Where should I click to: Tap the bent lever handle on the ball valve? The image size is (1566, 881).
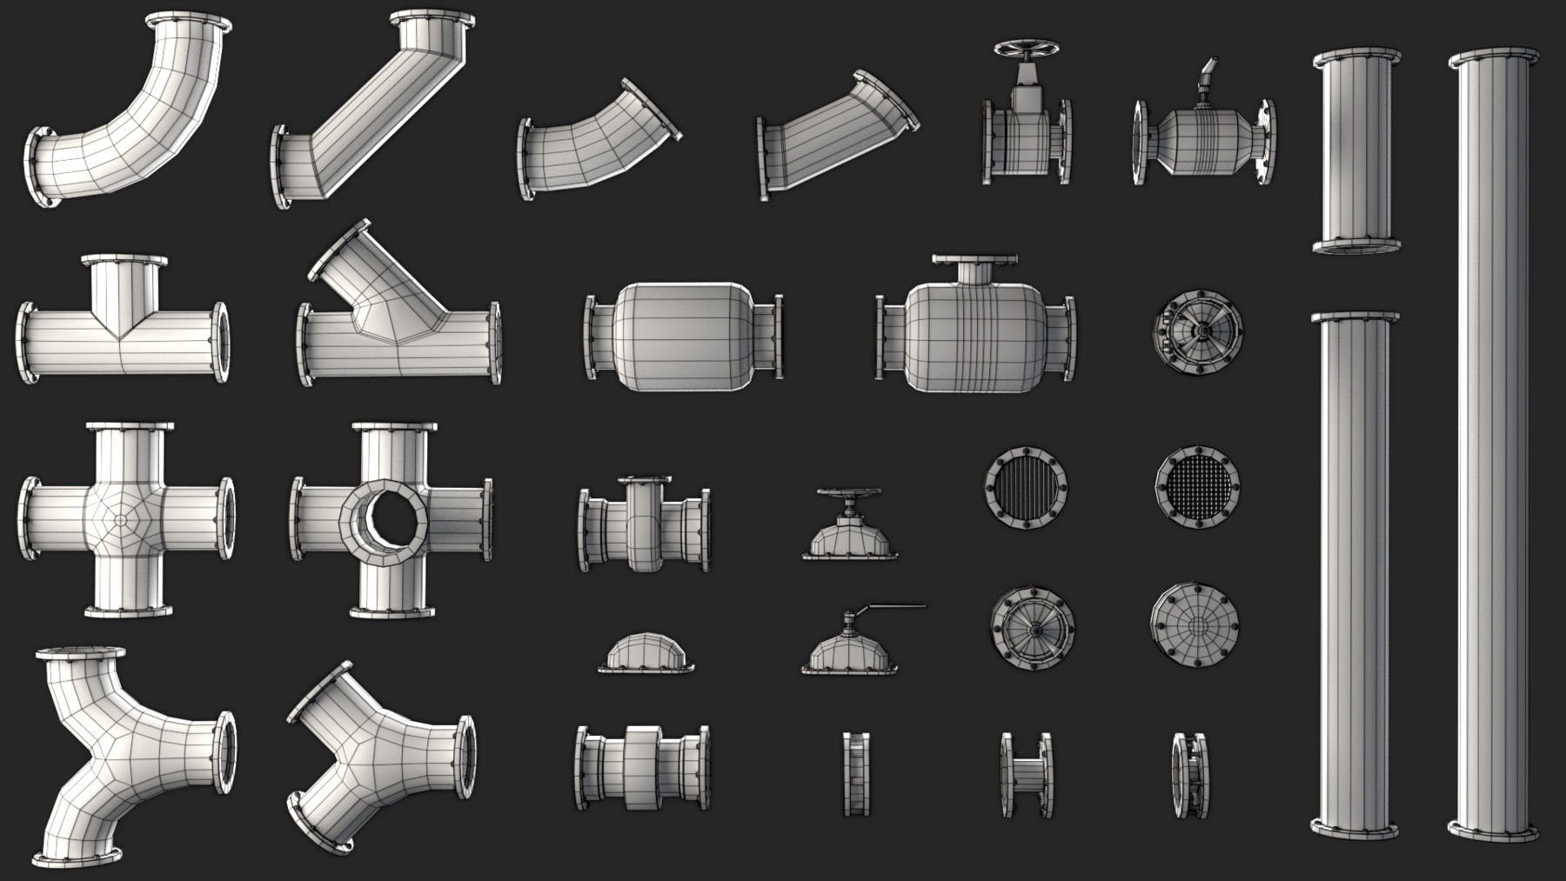(x=1206, y=75)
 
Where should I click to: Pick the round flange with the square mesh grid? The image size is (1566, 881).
(x=1197, y=487)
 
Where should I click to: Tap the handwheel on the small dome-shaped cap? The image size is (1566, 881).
(x=849, y=498)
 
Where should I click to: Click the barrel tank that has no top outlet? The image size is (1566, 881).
(x=680, y=337)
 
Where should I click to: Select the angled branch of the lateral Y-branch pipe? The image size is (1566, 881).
(x=365, y=270)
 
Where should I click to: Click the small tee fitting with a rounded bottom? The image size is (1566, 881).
(x=644, y=526)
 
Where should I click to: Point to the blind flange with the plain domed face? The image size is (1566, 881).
(x=1195, y=625)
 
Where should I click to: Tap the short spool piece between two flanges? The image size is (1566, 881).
(x=1027, y=774)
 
